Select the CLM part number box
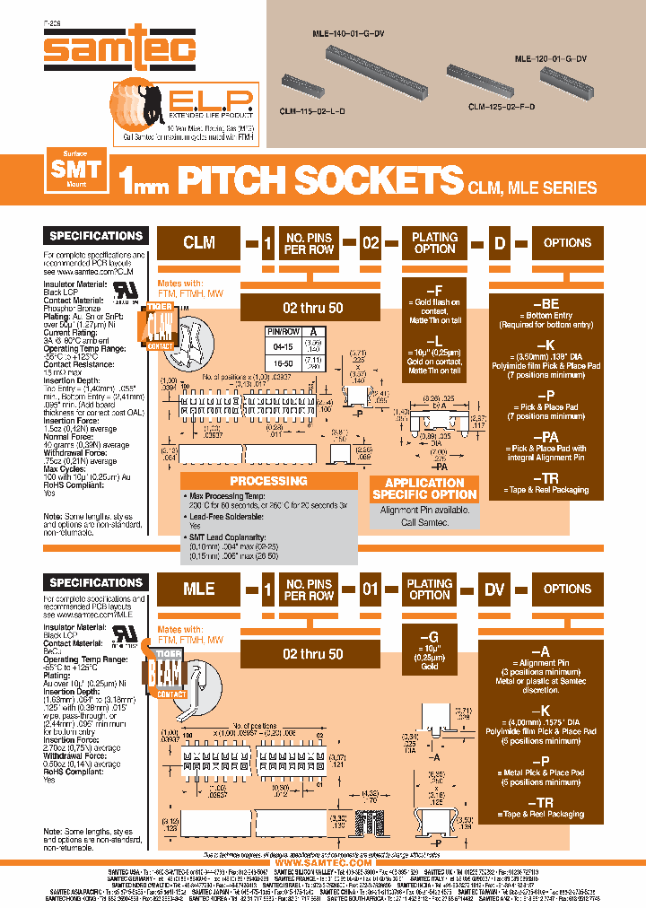click(199, 242)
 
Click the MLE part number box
click(199, 589)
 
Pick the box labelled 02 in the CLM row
click(371, 242)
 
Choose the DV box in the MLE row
click(494, 589)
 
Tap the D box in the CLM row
click(500, 242)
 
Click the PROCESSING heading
click(268, 481)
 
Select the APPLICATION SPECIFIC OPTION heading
click(424, 488)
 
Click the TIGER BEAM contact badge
click(159, 673)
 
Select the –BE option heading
click(547, 304)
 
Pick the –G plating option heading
click(430, 636)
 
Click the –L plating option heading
click(434, 342)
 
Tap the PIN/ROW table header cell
click(284, 331)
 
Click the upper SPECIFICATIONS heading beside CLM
click(96, 236)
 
